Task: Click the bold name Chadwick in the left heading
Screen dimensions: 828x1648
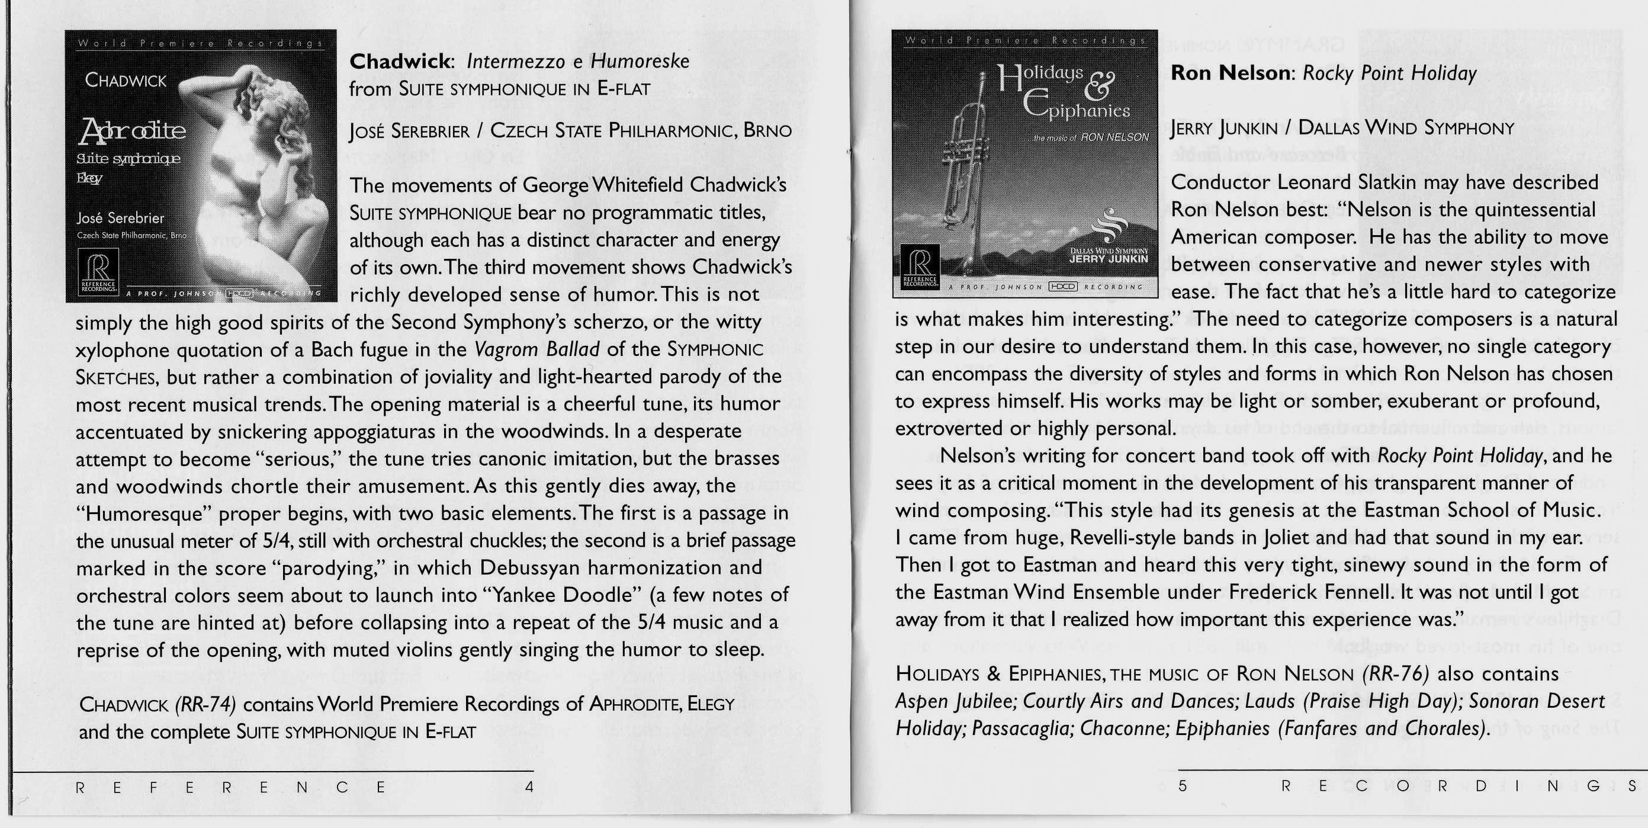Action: (x=400, y=62)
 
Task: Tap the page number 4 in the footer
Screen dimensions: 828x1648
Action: (x=529, y=787)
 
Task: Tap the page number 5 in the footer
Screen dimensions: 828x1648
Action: (x=1183, y=786)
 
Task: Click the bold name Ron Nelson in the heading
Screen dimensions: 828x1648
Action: (x=1228, y=73)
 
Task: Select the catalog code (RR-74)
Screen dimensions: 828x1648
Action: (x=205, y=704)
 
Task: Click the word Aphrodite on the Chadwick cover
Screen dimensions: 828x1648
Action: (x=133, y=130)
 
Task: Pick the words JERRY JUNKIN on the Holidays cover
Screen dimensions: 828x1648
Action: (x=1109, y=259)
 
